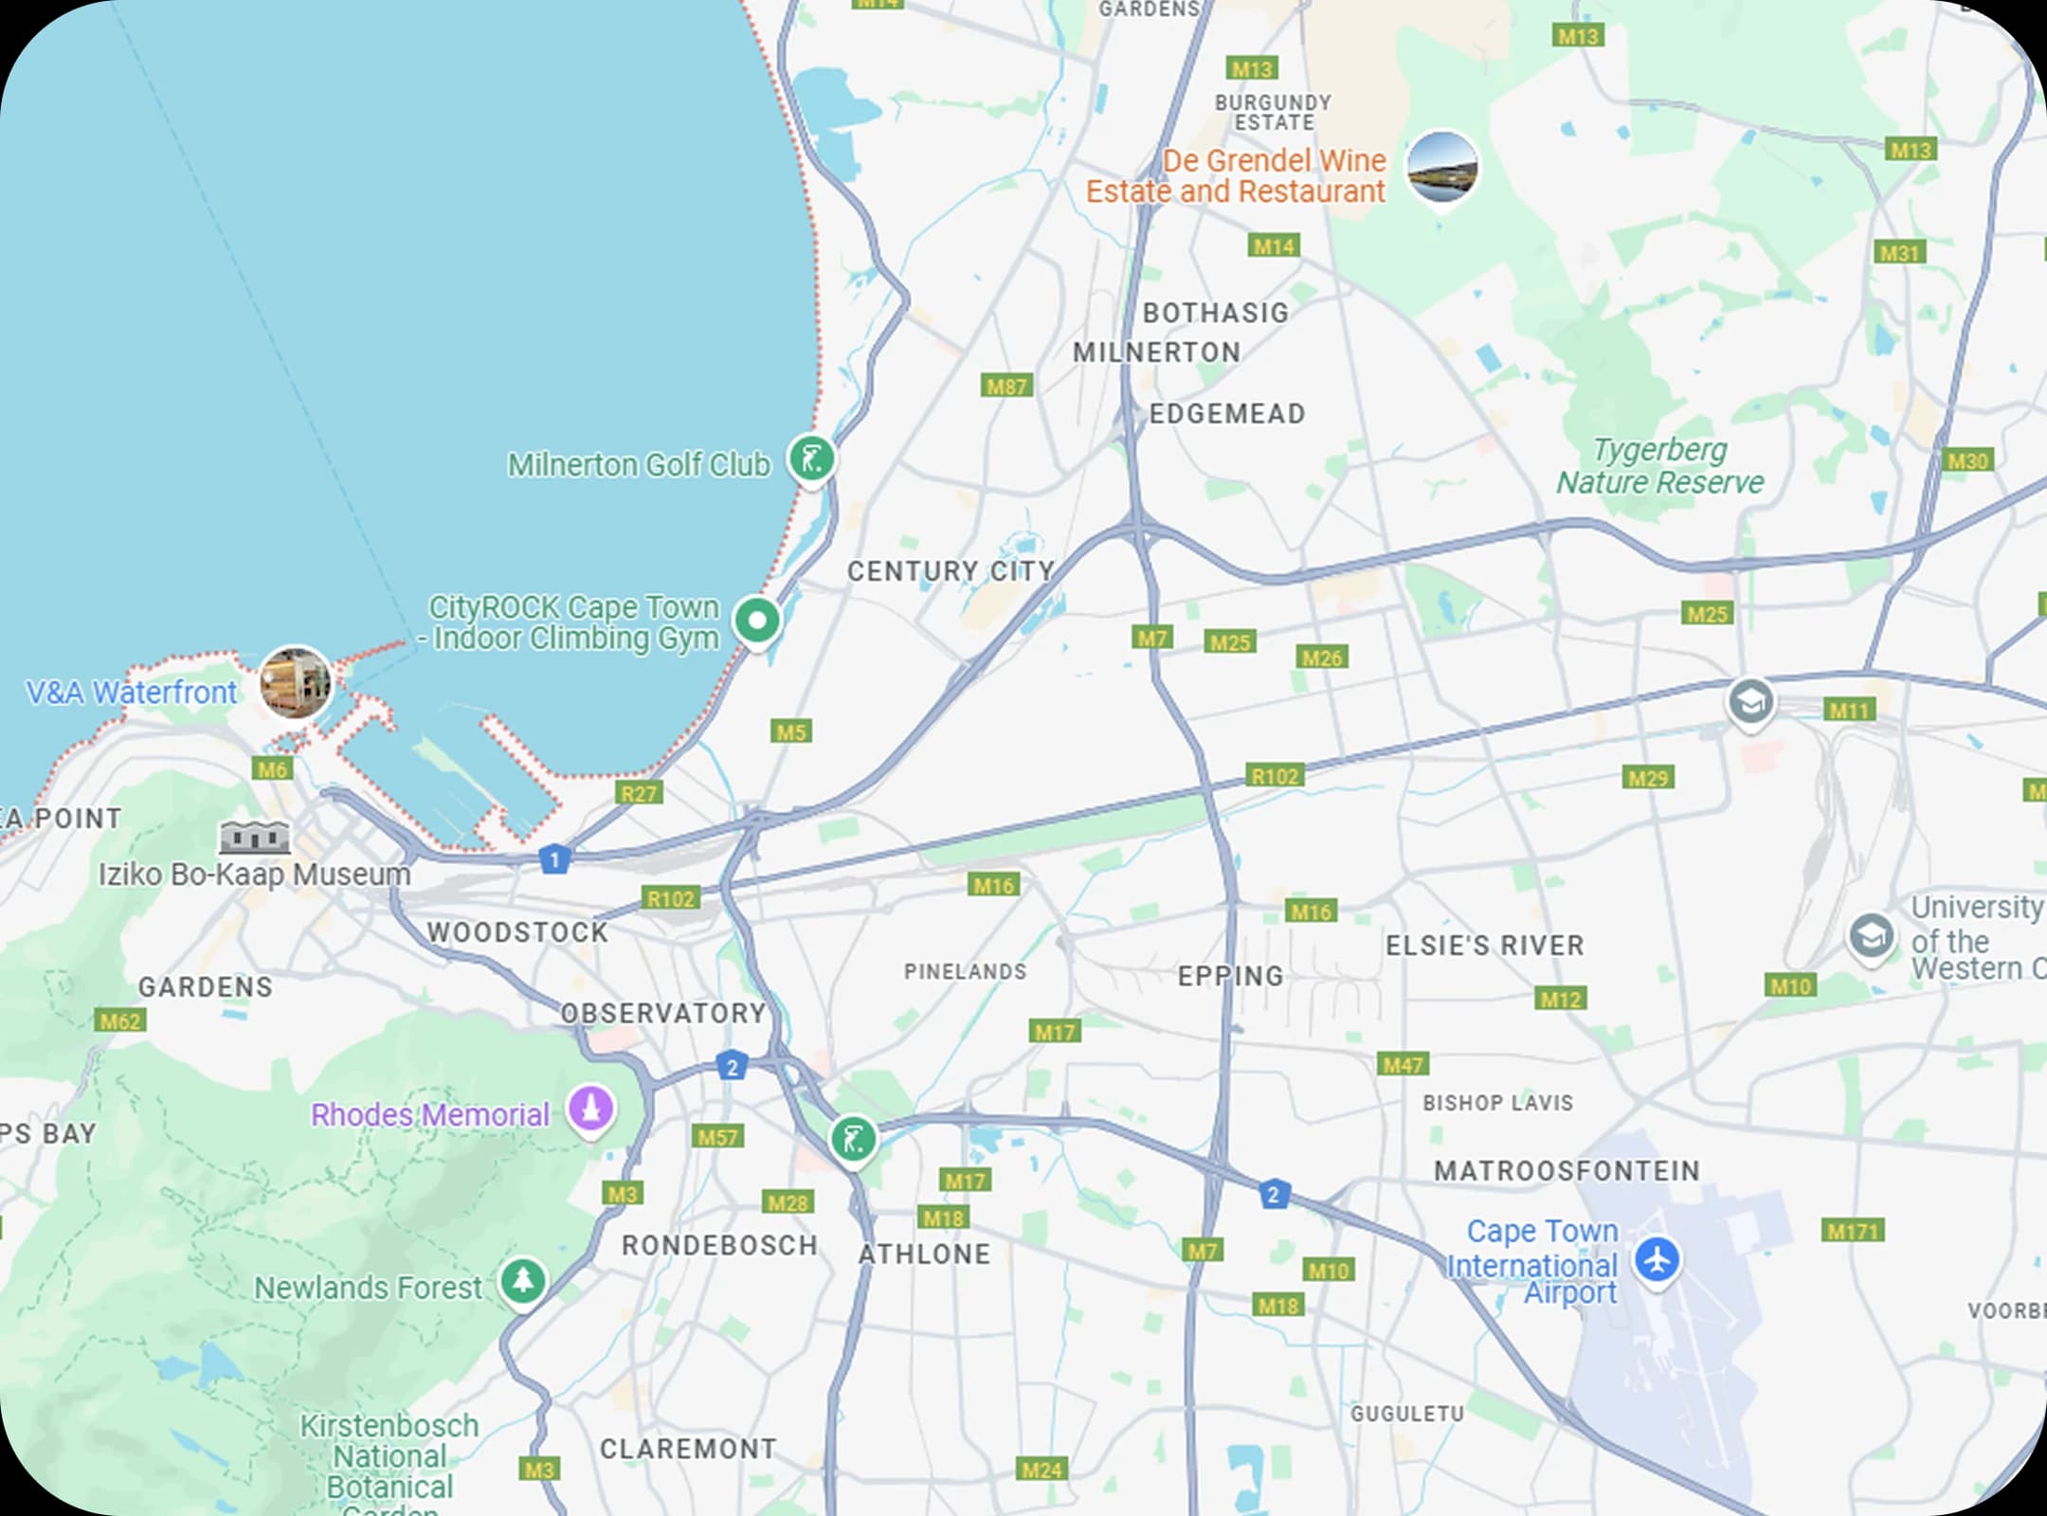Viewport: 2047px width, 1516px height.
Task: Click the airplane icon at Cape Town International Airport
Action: coord(1657,1260)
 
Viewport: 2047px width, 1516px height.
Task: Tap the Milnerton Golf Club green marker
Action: coord(812,459)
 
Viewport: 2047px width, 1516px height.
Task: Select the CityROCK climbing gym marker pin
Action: coord(757,622)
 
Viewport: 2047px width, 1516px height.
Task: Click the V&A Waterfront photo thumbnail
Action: coord(296,682)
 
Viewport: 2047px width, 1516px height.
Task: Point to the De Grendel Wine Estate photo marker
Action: coord(1441,168)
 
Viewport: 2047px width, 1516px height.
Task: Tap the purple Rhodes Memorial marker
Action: coord(590,1108)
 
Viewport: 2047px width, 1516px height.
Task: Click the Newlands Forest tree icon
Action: coord(522,1281)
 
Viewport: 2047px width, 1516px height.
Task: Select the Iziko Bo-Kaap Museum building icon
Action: coord(255,838)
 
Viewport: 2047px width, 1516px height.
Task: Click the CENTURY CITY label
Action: coord(951,571)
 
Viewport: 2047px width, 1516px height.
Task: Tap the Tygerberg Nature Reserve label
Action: coord(1659,465)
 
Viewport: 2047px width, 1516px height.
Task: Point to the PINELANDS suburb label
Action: coord(965,971)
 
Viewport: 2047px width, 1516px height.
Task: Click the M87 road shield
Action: coord(1006,386)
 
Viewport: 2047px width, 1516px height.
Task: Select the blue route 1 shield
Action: coord(554,859)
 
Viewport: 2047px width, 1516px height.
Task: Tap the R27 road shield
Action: coord(639,793)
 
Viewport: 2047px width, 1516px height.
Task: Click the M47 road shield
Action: coord(1403,1064)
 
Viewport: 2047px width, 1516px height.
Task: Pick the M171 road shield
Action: coord(1853,1231)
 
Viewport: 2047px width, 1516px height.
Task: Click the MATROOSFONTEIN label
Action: coord(1567,1170)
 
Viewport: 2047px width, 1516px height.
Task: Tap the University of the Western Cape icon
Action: coord(1871,937)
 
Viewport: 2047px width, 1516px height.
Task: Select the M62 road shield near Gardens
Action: coord(120,1020)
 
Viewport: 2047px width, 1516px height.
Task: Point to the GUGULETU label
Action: coord(1407,1414)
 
